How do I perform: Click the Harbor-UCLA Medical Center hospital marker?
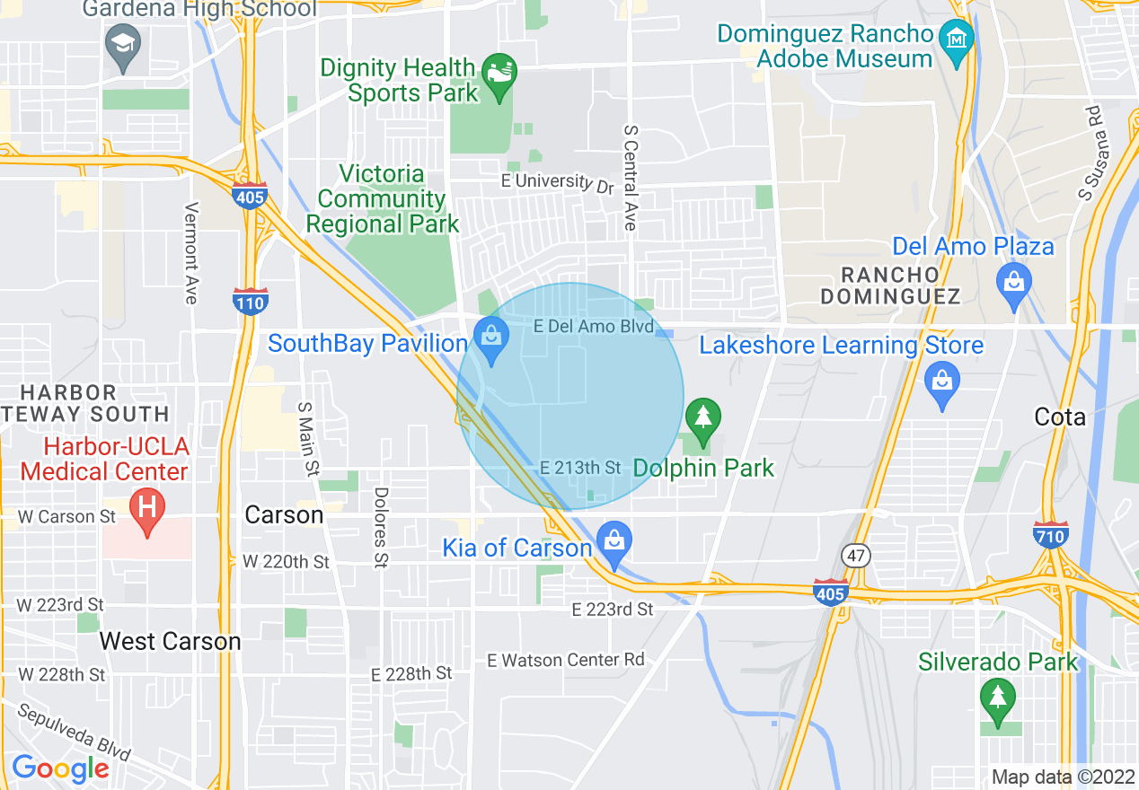pos(148,509)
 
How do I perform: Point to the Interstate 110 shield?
pos(249,301)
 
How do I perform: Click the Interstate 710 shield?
pos(1050,535)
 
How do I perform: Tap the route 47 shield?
pos(855,556)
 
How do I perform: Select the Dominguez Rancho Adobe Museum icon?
pos(956,40)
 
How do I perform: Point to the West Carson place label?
pos(170,641)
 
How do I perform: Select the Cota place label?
pos(1060,417)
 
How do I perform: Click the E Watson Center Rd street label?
pos(566,660)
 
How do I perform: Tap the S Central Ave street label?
pos(630,178)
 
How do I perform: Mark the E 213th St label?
pos(580,468)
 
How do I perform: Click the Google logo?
pos(60,768)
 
